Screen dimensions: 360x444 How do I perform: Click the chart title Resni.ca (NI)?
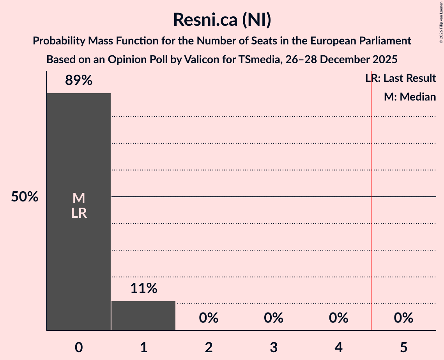(222, 20)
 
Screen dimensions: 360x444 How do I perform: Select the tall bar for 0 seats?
(79, 253)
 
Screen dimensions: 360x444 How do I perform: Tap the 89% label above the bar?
(79, 81)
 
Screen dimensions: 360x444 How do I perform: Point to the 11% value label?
(143, 288)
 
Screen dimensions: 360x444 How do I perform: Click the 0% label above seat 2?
(209, 318)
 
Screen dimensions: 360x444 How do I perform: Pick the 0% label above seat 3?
(274, 318)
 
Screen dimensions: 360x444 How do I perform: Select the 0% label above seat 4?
(338, 318)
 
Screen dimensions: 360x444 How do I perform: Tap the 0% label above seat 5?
(403, 318)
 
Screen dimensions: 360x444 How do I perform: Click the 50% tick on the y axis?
(25, 197)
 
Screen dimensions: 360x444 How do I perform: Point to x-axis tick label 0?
(79, 347)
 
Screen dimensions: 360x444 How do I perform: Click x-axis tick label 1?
(143, 347)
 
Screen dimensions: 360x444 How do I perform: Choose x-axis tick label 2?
(209, 347)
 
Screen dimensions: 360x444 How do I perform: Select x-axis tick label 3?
(274, 347)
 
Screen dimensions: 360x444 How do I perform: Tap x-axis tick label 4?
(338, 347)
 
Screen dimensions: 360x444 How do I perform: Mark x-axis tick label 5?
(403, 347)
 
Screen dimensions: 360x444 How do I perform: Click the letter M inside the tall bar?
(79, 198)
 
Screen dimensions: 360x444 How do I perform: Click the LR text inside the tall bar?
(79, 213)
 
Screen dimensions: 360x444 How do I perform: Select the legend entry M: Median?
(410, 97)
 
